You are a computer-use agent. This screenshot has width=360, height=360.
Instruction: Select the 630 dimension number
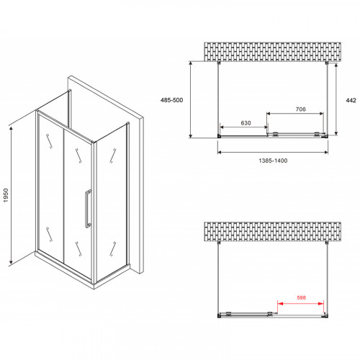point(246,123)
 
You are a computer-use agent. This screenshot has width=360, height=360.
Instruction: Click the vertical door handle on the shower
point(87,209)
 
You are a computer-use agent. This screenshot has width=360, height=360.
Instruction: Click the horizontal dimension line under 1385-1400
point(271,153)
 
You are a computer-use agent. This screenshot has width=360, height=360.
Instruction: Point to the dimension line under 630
point(246,129)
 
